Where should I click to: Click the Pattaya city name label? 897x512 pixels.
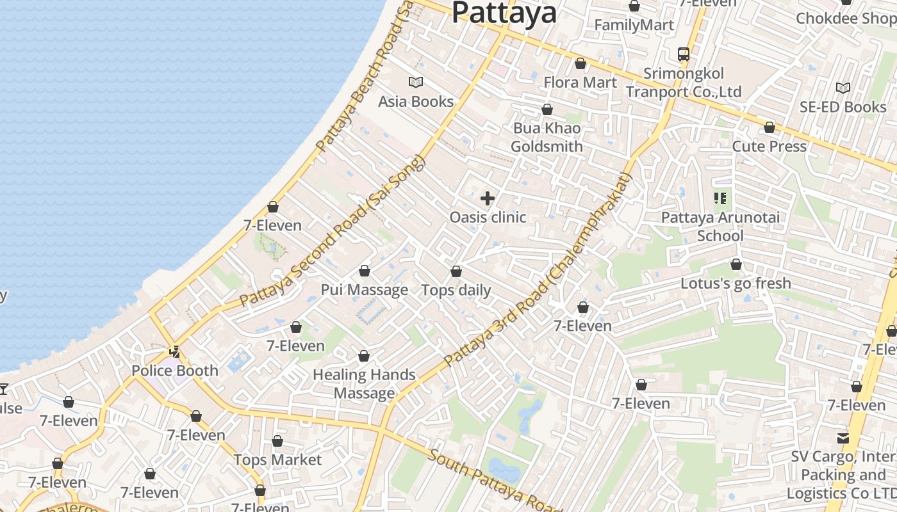[x=504, y=13]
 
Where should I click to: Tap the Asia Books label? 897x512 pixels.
[x=416, y=102]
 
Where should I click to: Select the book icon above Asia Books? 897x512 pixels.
[x=416, y=82]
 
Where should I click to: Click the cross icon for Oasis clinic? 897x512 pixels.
[x=488, y=198]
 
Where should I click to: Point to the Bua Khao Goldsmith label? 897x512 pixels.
[x=547, y=138]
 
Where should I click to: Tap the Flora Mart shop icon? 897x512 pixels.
[x=580, y=63]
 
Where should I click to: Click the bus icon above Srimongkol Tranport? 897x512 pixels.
[x=684, y=54]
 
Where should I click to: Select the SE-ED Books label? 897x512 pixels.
[x=843, y=107]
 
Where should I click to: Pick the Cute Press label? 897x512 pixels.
[x=769, y=147]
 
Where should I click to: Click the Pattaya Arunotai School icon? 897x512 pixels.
[x=720, y=198]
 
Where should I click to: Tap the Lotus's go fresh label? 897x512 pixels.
[x=736, y=284]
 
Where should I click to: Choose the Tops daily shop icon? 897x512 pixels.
[x=456, y=271]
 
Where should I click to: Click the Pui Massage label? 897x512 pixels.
[x=365, y=290]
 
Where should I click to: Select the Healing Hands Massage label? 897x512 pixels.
[x=364, y=384]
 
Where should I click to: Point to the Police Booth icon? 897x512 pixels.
[x=174, y=351]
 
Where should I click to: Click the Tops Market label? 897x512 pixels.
[x=277, y=460]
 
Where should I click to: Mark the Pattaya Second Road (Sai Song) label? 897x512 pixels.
[x=333, y=231]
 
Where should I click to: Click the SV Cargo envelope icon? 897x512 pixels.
[x=843, y=438]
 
